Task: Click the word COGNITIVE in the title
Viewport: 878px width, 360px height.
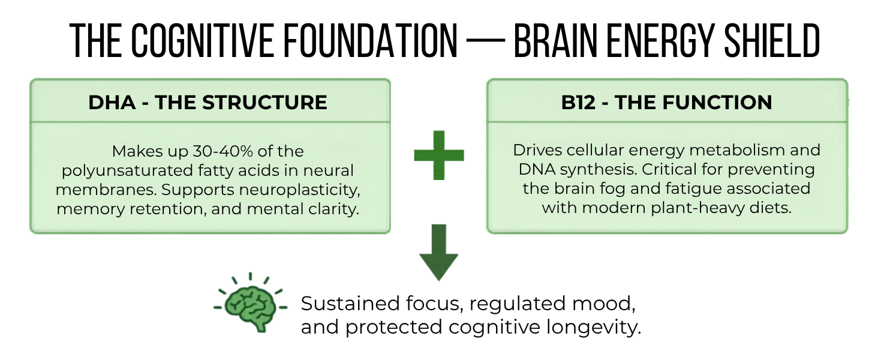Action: pyautogui.click(x=202, y=41)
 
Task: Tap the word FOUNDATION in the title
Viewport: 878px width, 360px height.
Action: pyautogui.click(x=371, y=41)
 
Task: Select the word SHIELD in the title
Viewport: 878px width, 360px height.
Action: pyautogui.click(x=772, y=41)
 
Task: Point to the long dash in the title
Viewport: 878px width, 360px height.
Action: pyautogui.click(x=486, y=41)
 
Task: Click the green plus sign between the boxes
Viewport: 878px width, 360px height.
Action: pyautogui.click(x=439, y=155)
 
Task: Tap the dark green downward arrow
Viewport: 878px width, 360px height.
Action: pyautogui.click(x=438, y=253)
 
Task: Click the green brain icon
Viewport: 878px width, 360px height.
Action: pyautogui.click(x=251, y=303)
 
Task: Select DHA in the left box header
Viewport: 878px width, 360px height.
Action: pyautogui.click(x=112, y=103)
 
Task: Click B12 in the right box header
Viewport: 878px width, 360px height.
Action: pyautogui.click(x=578, y=103)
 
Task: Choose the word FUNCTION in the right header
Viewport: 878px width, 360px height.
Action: pyautogui.click(x=717, y=103)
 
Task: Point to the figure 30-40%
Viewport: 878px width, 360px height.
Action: pyautogui.click(x=223, y=151)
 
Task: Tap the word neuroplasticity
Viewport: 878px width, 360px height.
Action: pyautogui.click(x=300, y=190)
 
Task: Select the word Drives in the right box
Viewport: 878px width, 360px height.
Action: pyautogui.click(x=537, y=150)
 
